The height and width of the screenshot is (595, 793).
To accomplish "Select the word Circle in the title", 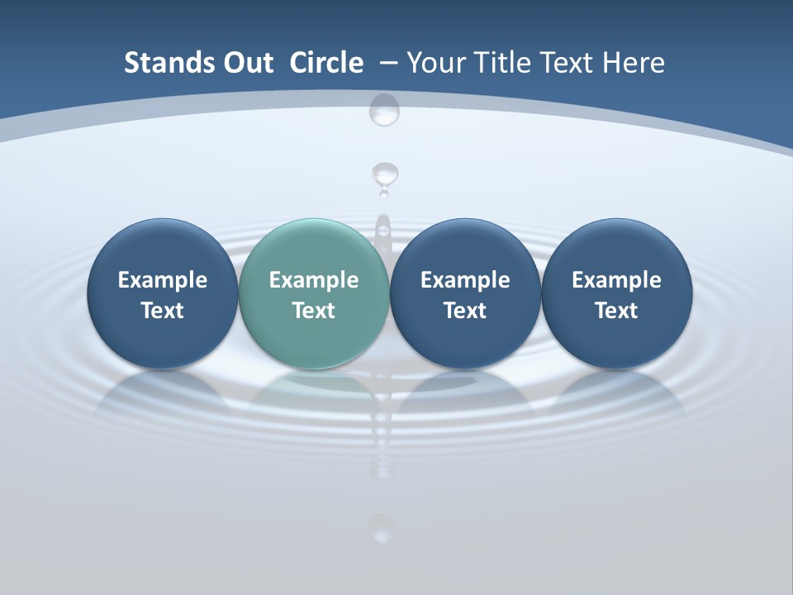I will pos(326,63).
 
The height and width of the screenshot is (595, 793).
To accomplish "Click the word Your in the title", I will pos(434,63).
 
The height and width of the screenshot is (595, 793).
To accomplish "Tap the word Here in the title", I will pos(634,63).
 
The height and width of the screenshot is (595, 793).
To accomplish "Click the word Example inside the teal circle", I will pos(314,280).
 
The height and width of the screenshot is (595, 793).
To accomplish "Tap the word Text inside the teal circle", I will pos(314,311).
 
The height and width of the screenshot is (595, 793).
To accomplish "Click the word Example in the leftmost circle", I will pos(162,280).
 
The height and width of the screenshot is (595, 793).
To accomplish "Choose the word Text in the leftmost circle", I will pos(162,311).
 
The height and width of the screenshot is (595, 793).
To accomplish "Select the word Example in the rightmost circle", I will pos(616,280).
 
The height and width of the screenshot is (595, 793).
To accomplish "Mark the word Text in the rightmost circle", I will pos(616,311).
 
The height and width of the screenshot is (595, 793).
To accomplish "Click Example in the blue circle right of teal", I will pos(465,280).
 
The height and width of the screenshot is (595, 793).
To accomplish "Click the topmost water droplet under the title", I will pos(384,109).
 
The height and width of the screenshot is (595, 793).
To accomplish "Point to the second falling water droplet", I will pos(384,176).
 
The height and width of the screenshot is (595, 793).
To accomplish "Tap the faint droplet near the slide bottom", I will pos(381,527).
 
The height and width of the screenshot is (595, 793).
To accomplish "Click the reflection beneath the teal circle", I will pos(314,393).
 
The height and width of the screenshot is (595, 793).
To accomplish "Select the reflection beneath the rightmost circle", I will pos(616,393).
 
